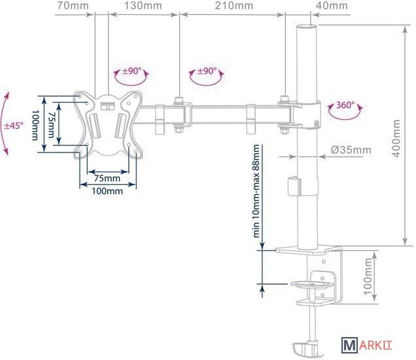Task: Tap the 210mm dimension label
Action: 232,7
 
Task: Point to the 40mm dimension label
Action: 332,7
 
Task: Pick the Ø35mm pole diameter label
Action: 351,150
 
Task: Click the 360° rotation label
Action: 345,105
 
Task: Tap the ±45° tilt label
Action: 12,124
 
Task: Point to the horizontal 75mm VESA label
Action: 107,178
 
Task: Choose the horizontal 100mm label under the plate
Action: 107,191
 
